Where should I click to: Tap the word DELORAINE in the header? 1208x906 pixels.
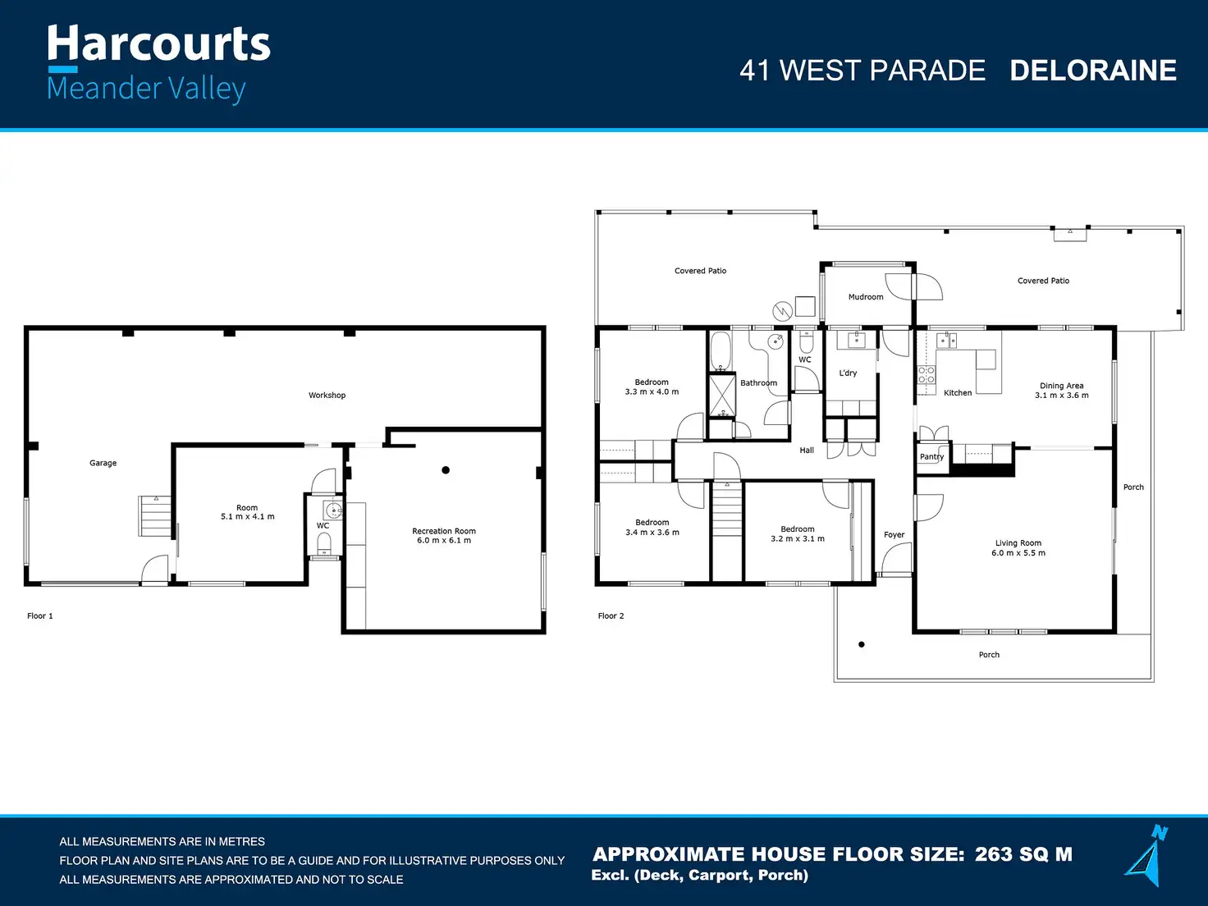pos(1093,71)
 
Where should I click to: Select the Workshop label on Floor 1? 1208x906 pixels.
pos(327,395)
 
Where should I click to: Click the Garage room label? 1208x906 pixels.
pos(103,463)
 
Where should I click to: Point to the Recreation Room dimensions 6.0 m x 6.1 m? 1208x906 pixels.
pos(444,540)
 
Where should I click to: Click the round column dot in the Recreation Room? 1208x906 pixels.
pos(446,469)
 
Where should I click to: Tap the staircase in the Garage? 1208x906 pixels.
pos(154,516)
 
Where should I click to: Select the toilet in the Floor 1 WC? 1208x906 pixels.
pos(324,543)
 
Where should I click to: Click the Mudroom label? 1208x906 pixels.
pos(866,297)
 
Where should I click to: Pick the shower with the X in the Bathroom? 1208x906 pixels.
pos(722,395)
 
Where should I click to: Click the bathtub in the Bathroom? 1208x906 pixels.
pos(721,351)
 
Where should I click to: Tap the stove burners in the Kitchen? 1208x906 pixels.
pos(927,375)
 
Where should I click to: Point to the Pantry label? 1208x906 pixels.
pos(931,456)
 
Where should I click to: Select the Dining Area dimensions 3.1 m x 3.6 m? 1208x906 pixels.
pos(1062,395)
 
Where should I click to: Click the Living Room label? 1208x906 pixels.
pos(1018,543)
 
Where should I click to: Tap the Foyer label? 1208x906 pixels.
pos(895,535)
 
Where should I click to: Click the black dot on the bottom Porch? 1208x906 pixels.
pos(862,645)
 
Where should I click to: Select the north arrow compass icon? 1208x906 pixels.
pos(1147,855)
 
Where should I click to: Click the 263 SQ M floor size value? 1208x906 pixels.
pos(1023,854)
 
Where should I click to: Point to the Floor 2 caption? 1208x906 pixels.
pos(611,616)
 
